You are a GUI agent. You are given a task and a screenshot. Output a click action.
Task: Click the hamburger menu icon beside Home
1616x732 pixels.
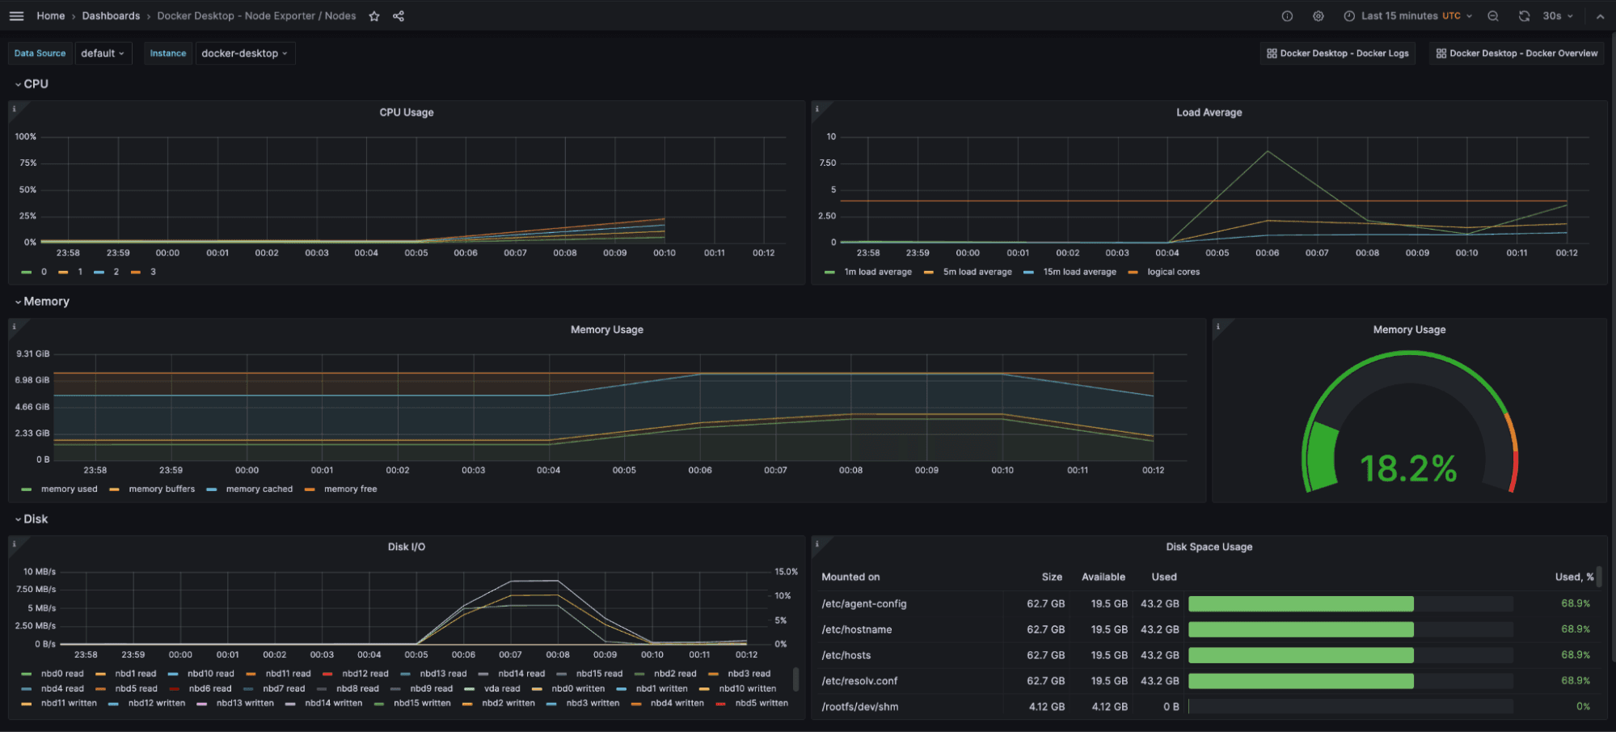point(16,16)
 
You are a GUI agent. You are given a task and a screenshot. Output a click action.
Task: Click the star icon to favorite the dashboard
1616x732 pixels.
point(374,16)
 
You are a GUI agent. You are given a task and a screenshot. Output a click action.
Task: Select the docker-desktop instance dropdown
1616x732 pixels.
point(243,53)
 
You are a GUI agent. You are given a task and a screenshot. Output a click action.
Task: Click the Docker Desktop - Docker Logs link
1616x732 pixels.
point(1337,53)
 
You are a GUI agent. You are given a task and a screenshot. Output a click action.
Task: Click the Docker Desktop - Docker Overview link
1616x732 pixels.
point(1516,53)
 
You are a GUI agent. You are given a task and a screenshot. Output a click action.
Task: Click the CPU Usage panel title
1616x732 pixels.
point(407,112)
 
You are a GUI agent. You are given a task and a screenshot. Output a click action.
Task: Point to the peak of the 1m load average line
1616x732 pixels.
point(1268,151)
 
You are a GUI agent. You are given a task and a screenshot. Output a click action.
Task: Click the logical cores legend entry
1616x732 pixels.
point(1172,273)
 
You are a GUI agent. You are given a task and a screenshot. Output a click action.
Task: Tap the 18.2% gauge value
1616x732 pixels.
point(1408,469)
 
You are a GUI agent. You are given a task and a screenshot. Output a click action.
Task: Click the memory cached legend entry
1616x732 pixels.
point(259,489)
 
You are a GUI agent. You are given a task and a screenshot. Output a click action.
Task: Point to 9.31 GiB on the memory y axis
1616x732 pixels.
point(33,353)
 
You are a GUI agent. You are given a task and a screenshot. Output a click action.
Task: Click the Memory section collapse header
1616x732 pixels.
point(46,302)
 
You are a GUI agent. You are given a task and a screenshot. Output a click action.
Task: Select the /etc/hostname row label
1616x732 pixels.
point(856,629)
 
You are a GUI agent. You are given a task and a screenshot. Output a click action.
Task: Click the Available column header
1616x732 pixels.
point(1103,577)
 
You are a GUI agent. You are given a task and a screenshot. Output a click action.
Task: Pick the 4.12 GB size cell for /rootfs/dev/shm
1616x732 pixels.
point(1046,707)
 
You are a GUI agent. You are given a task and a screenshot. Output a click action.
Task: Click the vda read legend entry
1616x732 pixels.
point(501,689)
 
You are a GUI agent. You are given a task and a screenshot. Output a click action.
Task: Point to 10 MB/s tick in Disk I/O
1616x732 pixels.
point(39,572)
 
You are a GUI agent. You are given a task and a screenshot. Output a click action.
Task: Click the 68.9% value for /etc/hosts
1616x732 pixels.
point(1575,655)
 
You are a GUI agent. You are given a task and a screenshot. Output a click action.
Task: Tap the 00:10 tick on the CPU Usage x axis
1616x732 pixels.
point(665,253)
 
